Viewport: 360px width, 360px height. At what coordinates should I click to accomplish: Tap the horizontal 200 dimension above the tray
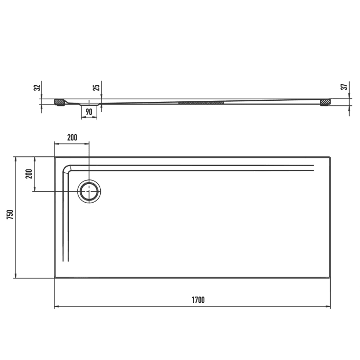click(71, 137)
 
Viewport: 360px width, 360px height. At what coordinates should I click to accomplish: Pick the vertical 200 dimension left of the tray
click(28, 174)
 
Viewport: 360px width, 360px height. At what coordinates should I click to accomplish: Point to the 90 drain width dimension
click(88, 112)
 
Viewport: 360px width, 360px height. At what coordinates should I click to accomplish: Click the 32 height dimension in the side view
click(37, 87)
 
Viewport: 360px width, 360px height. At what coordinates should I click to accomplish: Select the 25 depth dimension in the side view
click(96, 87)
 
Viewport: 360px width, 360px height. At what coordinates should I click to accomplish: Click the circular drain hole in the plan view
click(89, 191)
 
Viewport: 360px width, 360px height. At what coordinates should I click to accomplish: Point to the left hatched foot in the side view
click(59, 102)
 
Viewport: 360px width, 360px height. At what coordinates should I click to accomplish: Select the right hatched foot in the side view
click(325, 102)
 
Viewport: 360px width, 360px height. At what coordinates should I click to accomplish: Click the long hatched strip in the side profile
click(201, 102)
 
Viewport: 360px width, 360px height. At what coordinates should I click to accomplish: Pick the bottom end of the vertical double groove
click(64, 261)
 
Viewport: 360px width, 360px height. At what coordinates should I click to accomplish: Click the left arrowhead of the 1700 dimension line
click(57, 307)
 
